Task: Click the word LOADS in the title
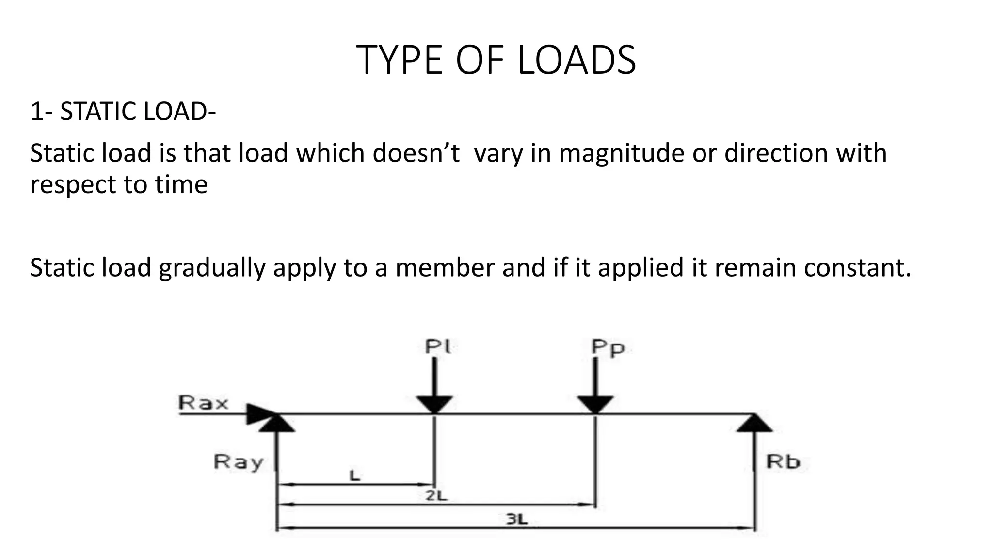(x=577, y=60)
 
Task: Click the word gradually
(x=211, y=268)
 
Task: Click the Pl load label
(x=438, y=346)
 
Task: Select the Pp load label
(x=608, y=347)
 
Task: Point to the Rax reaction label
(x=203, y=403)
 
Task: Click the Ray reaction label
(x=239, y=462)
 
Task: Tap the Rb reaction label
(x=783, y=461)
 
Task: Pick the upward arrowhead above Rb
(x=754, y=423)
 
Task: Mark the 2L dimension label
(x=436, y=496)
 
